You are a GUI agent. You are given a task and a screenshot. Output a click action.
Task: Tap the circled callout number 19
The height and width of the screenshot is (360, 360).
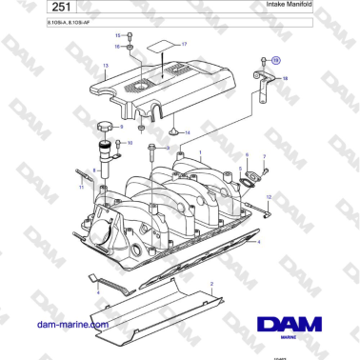pyautogui.click(x=277, y=60)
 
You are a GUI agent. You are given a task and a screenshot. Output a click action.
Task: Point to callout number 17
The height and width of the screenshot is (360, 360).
pyautogui.click(x=184, y=45)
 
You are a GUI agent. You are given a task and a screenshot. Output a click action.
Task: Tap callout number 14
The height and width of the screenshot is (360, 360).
pyautogui.click(x=187, y=131)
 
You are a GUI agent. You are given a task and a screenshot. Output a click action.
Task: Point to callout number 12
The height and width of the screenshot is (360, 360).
pyautogui.click(x=268, y=196)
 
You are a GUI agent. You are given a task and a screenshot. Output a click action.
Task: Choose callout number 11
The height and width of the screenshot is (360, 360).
pyautogui.click(x=81, y=188)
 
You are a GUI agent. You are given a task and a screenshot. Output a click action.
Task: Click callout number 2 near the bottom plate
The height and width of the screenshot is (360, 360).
pyautogui.click(x=211, y=285)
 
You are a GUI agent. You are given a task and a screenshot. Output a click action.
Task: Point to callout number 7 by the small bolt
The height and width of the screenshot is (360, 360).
pyautogui.click(x=264, y=154)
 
